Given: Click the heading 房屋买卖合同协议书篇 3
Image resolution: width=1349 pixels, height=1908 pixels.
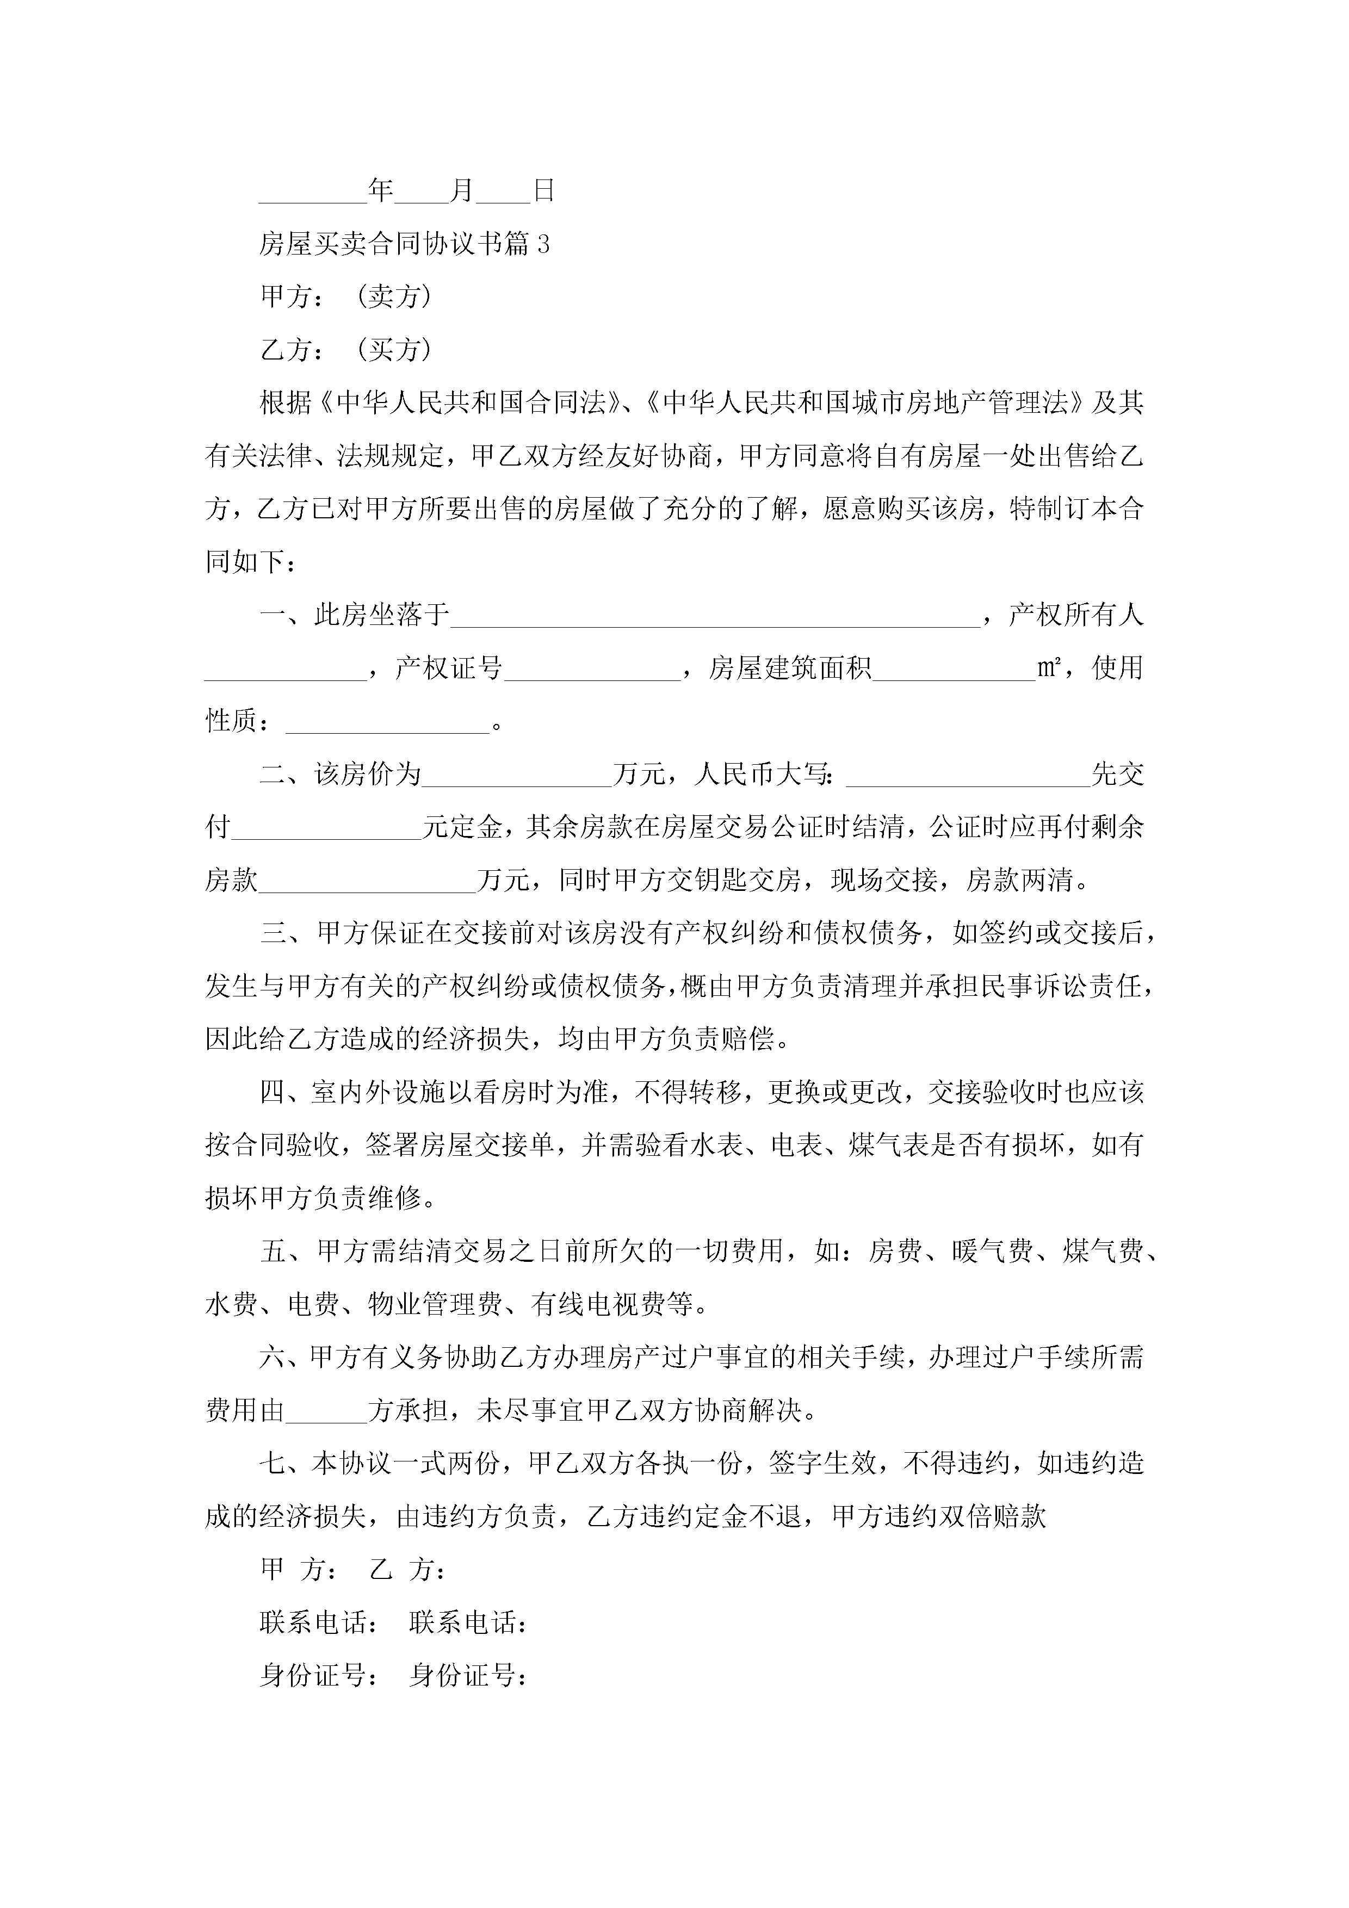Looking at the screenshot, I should (404, 244).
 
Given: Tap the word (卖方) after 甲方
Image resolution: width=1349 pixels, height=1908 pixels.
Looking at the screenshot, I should (394, 296).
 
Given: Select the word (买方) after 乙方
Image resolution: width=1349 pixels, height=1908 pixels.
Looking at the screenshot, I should (394, 350).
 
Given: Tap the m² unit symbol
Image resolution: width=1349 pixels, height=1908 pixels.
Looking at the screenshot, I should (1048, 668).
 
